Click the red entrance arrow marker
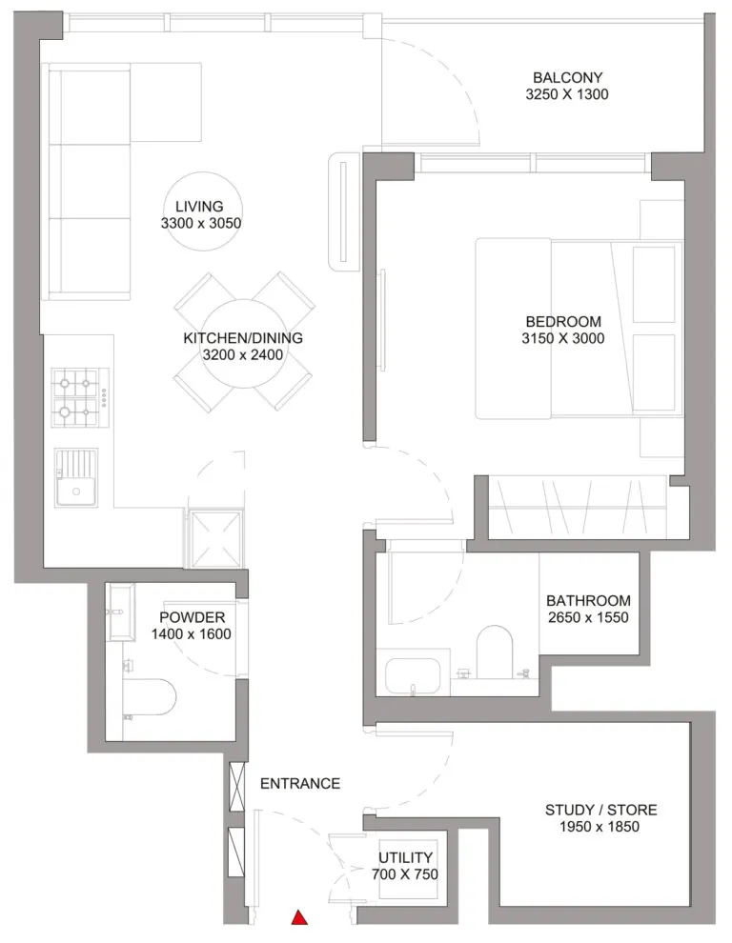pyautogui.click(x=299, y=918)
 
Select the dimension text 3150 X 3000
pyautogui.click(x=563, y=338)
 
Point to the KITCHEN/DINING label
pyautogui.click(x=242, y=338)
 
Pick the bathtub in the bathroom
pyautogui.click(x=415, y=673)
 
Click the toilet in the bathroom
pyautogui.click(x=494, y=651)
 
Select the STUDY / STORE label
pyautogui.click(x=600, y=810)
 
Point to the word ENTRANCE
pyautogui.click(x=299, y=783)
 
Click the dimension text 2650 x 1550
pyautogui.click(x=588, y=617)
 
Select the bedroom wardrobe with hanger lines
pyautogui.click(x=578, y=505)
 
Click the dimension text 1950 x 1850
pyautogui.click(x=600, y=827)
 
